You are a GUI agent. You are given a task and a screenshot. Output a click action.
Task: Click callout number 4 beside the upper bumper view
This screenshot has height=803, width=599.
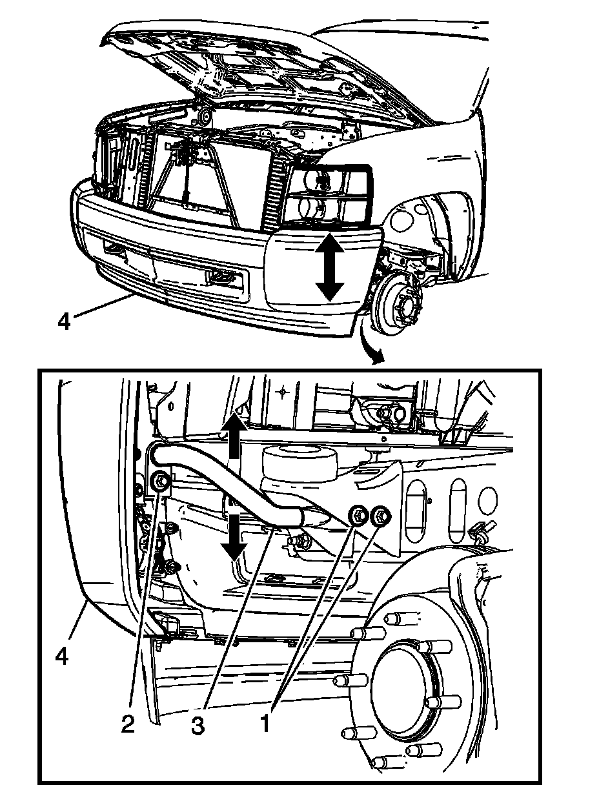[x=63, y=321]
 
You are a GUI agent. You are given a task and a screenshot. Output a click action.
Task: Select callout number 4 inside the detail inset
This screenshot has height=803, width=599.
[x=61, y=656]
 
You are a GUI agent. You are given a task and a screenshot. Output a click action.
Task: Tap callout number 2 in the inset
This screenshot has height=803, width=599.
[x=128, y=724]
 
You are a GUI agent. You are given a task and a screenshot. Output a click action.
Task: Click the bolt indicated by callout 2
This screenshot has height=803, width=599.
[x=160, y=481]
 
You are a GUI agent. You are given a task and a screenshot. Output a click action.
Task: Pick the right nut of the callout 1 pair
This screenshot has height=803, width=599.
[x=380, y=515]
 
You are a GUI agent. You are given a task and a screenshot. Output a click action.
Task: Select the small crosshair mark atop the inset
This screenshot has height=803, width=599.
[x=283, y=391]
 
